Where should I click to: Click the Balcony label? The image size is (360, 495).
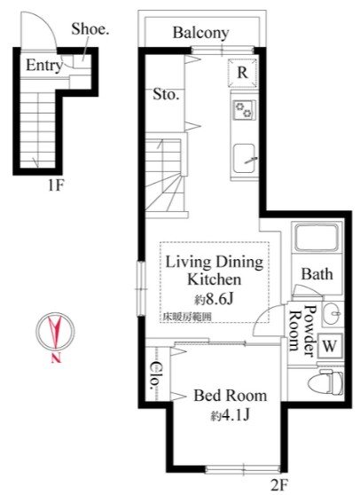pyautogui.click(x=200, y=33)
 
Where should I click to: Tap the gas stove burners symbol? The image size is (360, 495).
pyautogui.click(x=243, y=110)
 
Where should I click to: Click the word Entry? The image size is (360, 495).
pyautogui.click(x=43, y=65)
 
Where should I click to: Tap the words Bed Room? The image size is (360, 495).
pyautogui.click(x=230, y=396)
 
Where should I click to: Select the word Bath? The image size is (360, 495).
pyautogui.click(x=317, y=274)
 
